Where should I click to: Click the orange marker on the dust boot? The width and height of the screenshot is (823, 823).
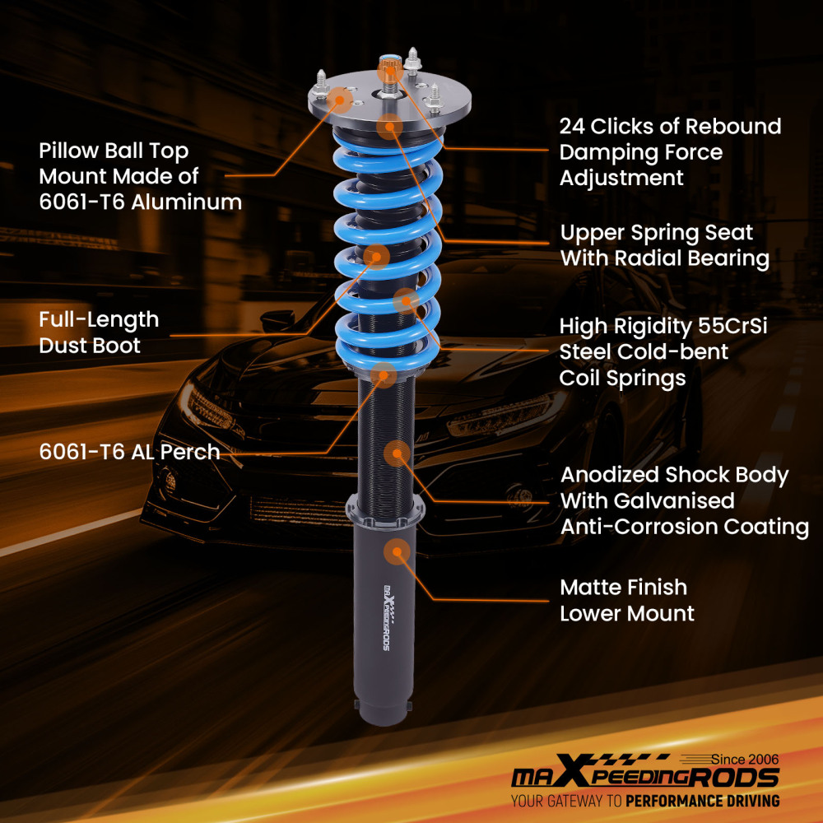coord(377,255)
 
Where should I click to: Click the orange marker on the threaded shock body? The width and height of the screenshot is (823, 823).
coord(397,453)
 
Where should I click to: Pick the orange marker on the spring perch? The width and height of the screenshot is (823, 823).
coord(381,375)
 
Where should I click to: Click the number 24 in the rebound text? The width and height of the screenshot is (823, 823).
coord(574,126)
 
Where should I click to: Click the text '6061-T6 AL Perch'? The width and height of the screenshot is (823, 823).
coord(129,451)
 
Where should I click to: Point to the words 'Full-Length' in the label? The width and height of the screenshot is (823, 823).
coord(99,319)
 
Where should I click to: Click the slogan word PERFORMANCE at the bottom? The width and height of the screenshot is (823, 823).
coord(677,800)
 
